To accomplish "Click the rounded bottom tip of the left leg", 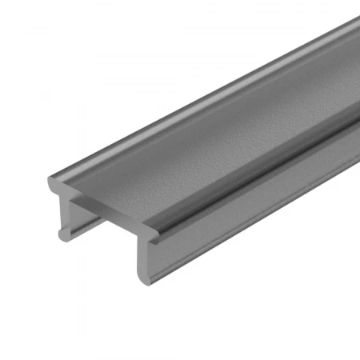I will pos(65,236).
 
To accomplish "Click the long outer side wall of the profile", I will pos(256,208).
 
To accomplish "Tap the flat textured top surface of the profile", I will pos(208,136).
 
